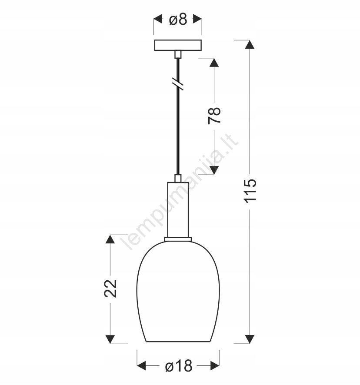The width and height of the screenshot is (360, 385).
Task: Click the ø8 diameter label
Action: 178,20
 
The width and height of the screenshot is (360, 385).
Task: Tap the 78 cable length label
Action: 214,116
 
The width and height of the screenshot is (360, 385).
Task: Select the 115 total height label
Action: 250,191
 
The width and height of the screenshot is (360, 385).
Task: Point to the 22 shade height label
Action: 110,289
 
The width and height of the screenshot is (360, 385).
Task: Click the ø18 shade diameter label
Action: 179,366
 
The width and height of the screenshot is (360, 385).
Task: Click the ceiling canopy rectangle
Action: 178,45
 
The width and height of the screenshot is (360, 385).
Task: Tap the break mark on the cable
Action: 178,84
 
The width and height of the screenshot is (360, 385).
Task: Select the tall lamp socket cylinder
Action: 178,210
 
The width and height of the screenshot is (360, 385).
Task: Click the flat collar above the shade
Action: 178,239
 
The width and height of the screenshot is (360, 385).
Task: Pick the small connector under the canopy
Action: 178,54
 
